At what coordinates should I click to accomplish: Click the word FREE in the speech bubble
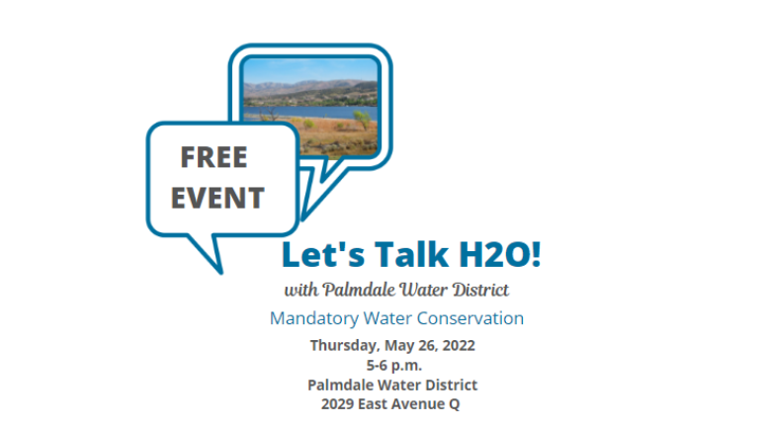[x=213, y=157]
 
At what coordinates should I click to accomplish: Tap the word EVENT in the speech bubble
[x=217, y=198]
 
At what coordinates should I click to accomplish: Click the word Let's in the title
[x=323, y=255]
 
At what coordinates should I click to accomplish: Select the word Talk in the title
[x=411, y=254]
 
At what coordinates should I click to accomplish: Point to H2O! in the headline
[x=500, y=254]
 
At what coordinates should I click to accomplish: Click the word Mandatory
[x=314, y=318]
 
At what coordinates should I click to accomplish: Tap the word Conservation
[x=469, y=318]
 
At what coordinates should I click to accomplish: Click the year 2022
[x=459, y=345]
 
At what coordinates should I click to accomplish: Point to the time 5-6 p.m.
[x=394, y=366]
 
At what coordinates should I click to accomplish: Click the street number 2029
[x=337, y=404]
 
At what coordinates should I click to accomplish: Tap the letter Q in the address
[x=454, y=404]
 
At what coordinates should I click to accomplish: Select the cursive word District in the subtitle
[x=480, y=290]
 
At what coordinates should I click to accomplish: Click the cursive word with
[x=301, y=290]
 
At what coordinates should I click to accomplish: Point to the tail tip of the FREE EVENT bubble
[x=220, y=273]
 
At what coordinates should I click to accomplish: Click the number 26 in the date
[x=427, y=345]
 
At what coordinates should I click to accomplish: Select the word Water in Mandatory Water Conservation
[x=387, y=318]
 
